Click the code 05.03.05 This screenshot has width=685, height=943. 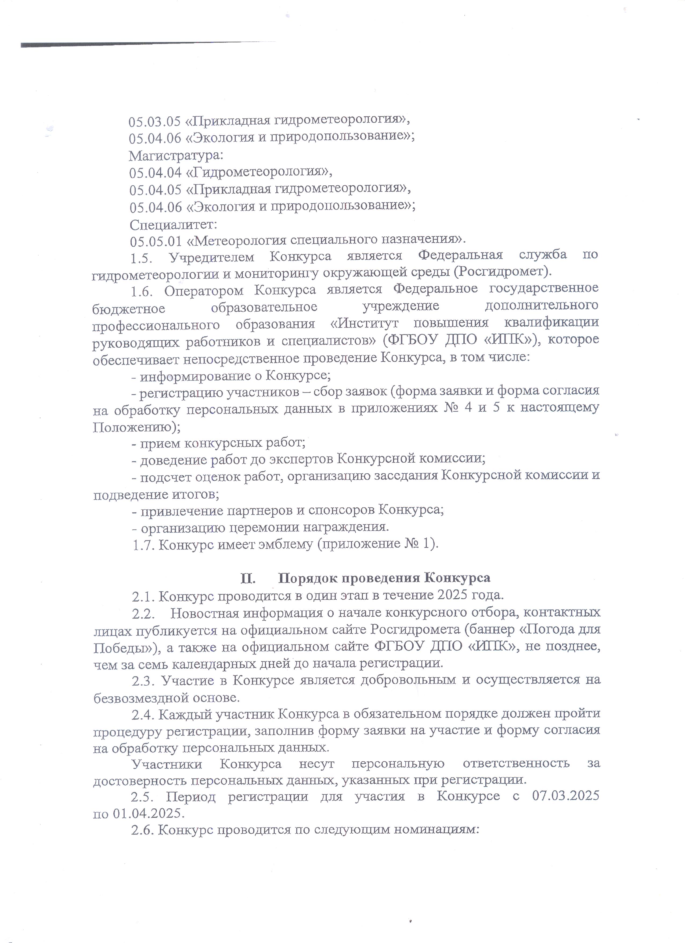click(x=154, y=121)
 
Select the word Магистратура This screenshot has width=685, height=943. click(x=176, y=156)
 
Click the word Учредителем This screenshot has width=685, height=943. click(x=212, y=257)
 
